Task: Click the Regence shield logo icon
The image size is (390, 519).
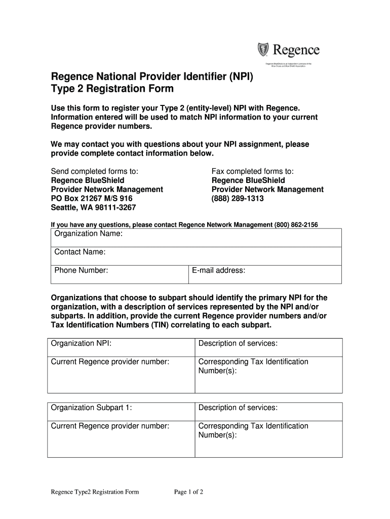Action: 264,50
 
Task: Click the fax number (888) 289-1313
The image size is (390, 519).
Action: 238,199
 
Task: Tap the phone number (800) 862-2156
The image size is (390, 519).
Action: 296,225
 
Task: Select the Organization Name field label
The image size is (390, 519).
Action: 89,234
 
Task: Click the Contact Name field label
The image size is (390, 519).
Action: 80,252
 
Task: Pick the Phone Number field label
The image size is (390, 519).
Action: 81,270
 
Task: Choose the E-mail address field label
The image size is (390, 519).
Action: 218,270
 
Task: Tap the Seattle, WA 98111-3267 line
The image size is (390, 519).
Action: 94,208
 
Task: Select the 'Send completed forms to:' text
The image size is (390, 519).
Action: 95,171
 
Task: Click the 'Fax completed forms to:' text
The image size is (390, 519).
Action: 252,171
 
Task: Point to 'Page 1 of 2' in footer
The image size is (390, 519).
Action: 188,492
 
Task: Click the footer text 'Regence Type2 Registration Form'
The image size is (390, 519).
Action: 95,492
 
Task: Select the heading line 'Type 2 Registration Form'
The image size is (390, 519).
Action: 112,89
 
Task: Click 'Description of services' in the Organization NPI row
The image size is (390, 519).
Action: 238,344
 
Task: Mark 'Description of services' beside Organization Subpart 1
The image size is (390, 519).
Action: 238,408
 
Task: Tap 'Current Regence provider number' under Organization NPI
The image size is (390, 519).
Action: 110,362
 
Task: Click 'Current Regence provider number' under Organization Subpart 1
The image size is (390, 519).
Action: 110,426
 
